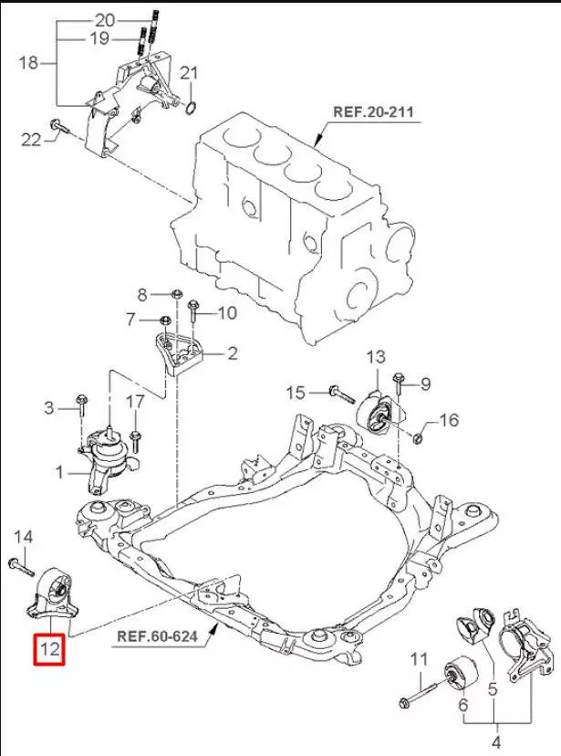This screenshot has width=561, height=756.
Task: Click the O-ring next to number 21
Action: (190, 110)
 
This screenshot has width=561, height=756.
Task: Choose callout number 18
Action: (27, 63)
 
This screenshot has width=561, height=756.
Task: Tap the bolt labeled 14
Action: (20, 563)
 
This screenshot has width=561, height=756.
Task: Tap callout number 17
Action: (134, 401)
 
